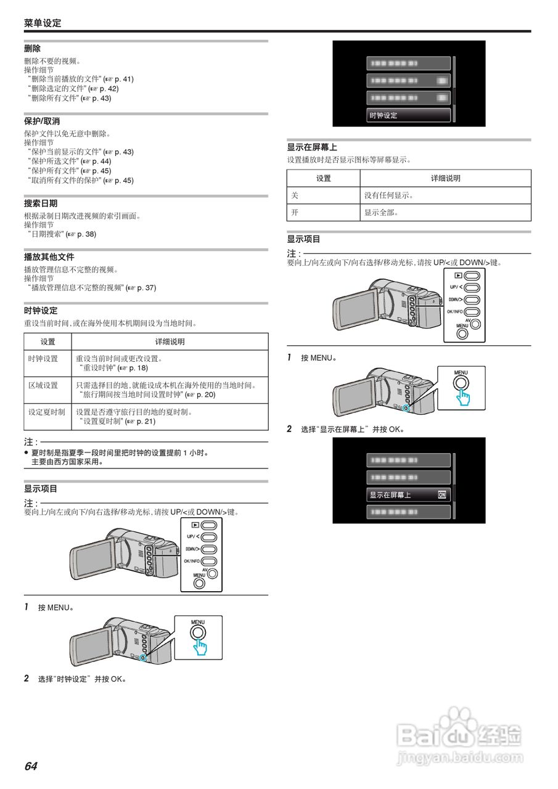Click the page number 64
(x=31, y=766)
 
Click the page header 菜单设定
(x=43, y=23)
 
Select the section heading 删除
(x=32, y=49)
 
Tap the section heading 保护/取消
(x=42, y=121)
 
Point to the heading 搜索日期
(x=41, y=203)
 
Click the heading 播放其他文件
(x=49, y=257)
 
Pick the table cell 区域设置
(x=43, y=385)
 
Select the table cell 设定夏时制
(x=46, y=412)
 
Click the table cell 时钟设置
(x=43, y=359)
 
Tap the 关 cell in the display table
(x=295, y=195)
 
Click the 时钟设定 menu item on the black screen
(x=384, y=115)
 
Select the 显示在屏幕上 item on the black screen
(x=390, y=495)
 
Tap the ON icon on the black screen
(x=441, y=495)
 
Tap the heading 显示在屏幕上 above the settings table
(x=311, y=147)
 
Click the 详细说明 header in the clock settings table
(x=170, y=342)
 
